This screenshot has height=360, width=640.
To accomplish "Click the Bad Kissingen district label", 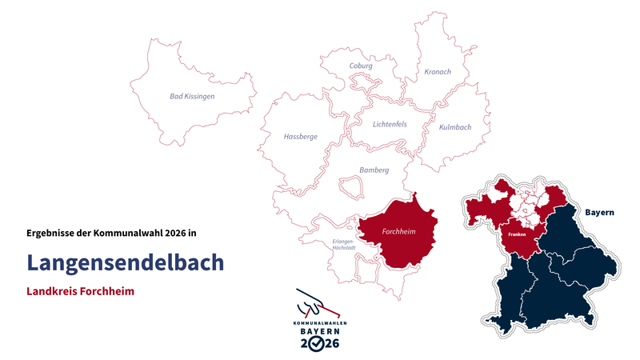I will click(192, 96).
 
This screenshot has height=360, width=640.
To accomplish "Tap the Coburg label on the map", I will click(361, 66).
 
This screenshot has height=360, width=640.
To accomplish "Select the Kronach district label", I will click(437, 72).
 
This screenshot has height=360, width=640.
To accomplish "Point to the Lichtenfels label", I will click(390, 124).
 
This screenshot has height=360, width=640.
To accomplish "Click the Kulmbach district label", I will click(455, 127).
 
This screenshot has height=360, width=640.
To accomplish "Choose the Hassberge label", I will click(300, 137).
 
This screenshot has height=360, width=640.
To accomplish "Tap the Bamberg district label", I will click(374, 170).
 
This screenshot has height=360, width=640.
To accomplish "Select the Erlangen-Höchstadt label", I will click(344, 245).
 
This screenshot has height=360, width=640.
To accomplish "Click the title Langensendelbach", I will click(125, 262).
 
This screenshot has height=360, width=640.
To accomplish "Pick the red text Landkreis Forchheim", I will click(80, 291).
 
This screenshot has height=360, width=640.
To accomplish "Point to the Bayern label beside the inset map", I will click(599, 212).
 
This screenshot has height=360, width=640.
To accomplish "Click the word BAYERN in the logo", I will click(319, 330).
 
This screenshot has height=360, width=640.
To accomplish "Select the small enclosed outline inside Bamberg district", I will click(350, 187).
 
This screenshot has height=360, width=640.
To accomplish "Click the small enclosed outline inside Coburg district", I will click(363, 82).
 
